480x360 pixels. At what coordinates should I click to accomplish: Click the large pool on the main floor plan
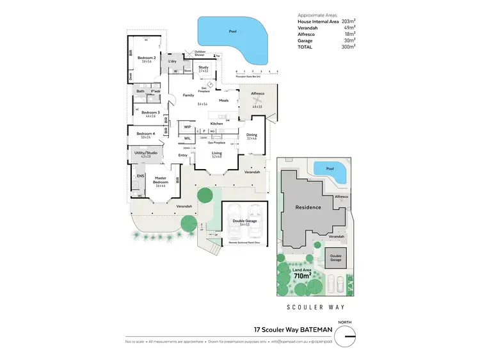[230, 35]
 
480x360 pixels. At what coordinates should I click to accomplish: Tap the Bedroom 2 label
[147, 58]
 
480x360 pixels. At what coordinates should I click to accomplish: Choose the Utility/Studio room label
[146, 153]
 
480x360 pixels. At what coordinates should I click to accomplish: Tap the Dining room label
[251, 135]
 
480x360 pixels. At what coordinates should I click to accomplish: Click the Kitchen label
[216, 123]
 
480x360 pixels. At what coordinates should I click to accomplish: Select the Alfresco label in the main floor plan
[257, 94]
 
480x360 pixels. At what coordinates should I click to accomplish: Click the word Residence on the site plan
[308, 207]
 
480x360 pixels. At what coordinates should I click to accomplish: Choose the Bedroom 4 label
[146, 133]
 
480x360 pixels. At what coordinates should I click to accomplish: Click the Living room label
[218, 154]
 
